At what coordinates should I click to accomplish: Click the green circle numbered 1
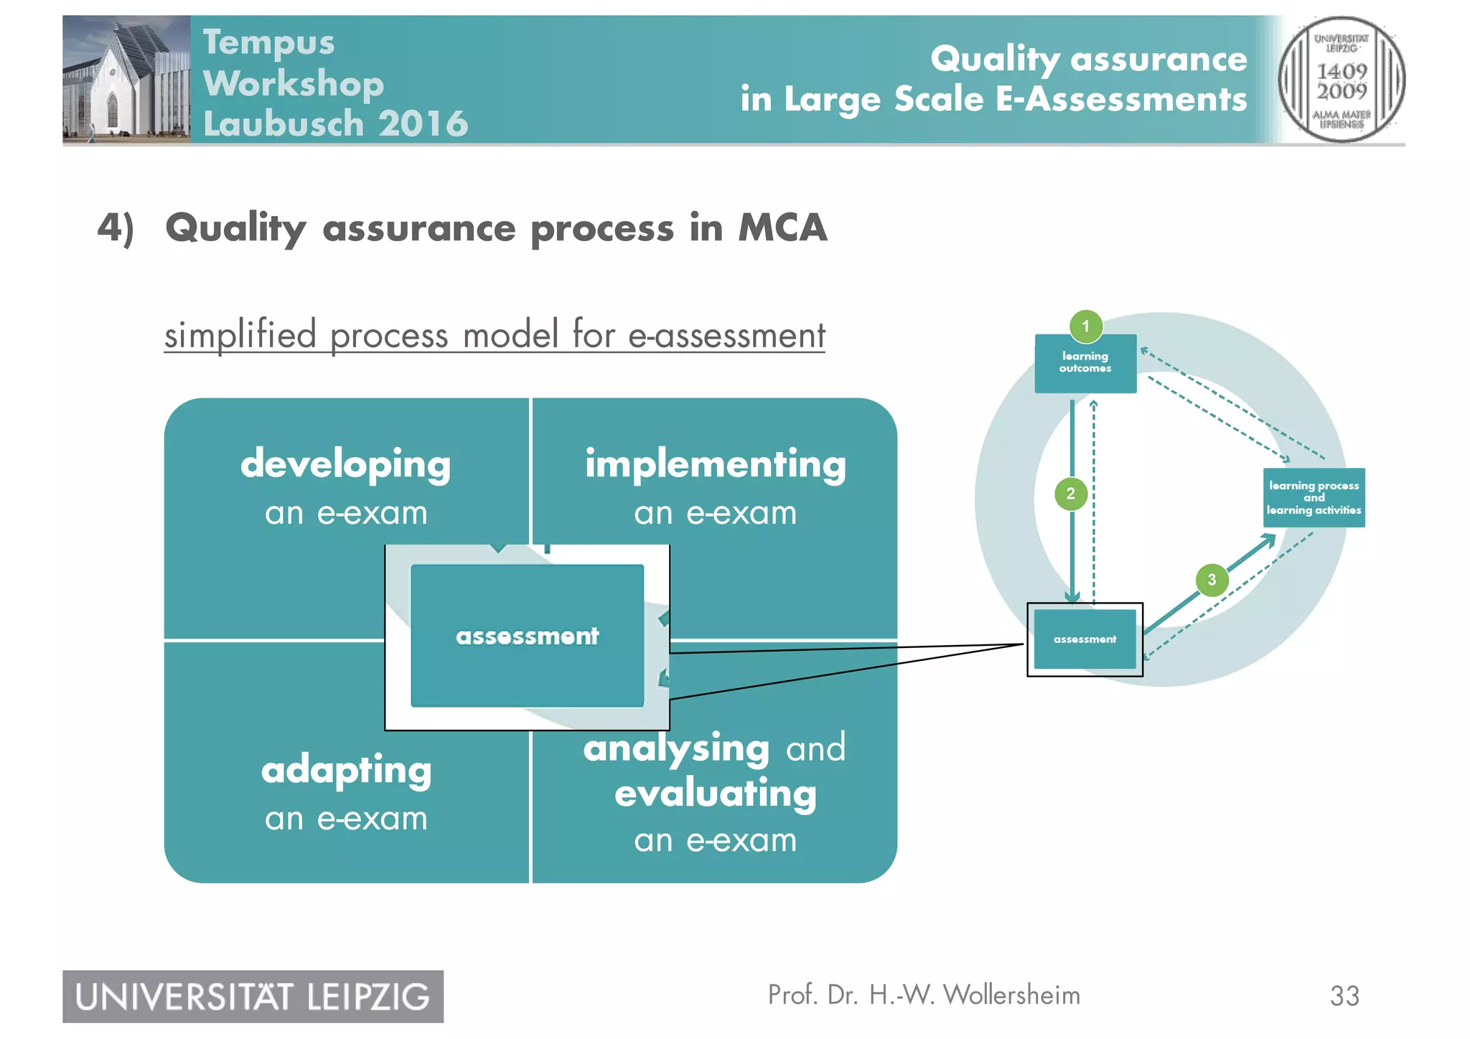[x=1085, y=326]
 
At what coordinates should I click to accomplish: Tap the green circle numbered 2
[x=1070, y=494]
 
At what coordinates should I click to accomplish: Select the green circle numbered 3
[x=1212, y=580]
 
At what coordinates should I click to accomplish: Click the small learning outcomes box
[x=1085, y=363]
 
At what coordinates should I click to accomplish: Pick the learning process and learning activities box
[x=1314, y=498]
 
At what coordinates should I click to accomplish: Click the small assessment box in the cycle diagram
[x=1085, y=639]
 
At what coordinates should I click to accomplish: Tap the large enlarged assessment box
[x=527, y=636]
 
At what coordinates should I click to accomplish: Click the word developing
[x=345, y=465]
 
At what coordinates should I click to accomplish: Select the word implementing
[x=715, y=464]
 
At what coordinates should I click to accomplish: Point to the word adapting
[x=346, y=771]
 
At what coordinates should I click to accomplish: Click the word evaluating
[x=715, y=794]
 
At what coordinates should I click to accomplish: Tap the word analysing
[x=676, y=749]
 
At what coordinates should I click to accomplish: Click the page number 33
[x=1344, y=996]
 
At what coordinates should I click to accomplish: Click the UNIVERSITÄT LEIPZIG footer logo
[x=253, y=997]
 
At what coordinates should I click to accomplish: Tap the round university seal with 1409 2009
[x=1341, y=80]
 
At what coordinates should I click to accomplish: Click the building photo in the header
[x=126, y=79]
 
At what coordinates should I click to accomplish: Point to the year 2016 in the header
[x=423, y=123]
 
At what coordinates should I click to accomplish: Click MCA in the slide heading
[x=782, y=228]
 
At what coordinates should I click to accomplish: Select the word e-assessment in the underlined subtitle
[x=726, y=336]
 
